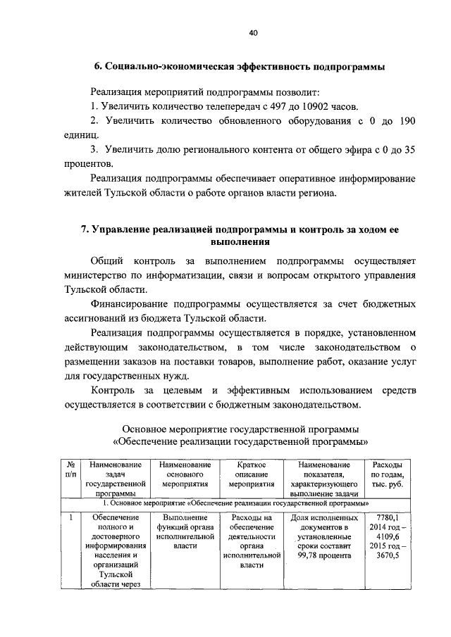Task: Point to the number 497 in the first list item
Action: (273, 107)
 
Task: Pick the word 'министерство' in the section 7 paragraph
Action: (96, 275)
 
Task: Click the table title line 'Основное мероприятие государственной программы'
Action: (240, 429)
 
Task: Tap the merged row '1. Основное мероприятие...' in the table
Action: (238, 504)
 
